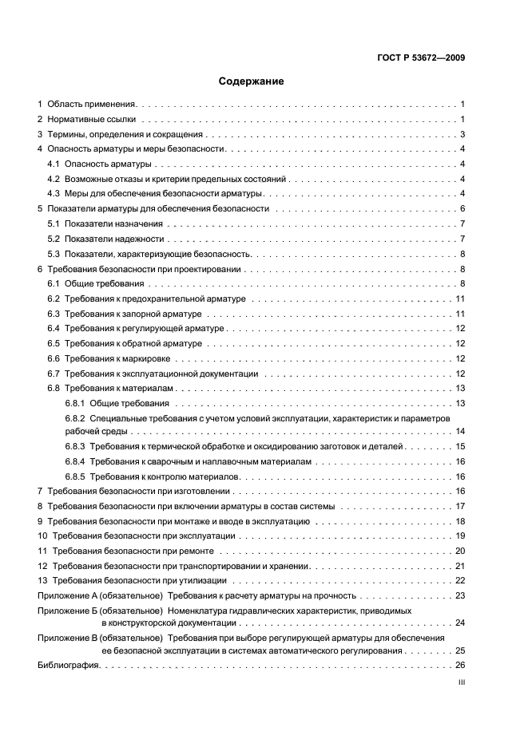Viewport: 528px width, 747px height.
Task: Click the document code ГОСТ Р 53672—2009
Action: click(421, 57)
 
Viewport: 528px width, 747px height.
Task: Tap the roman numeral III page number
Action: click(461, 683)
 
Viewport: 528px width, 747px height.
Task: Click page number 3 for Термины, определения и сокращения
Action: click(462, 134)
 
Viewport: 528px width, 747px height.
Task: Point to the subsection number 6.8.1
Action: click(75, 403)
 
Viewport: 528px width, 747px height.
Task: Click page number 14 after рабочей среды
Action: click(460, 432)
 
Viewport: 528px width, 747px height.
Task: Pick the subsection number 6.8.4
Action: click(75, 461)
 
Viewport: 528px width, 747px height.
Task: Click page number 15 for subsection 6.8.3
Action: click(460, 447)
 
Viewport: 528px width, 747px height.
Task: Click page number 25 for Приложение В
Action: click(460, 650)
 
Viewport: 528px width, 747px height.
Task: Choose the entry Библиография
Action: click(68, 666)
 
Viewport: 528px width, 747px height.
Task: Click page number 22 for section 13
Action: click(460, 580)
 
